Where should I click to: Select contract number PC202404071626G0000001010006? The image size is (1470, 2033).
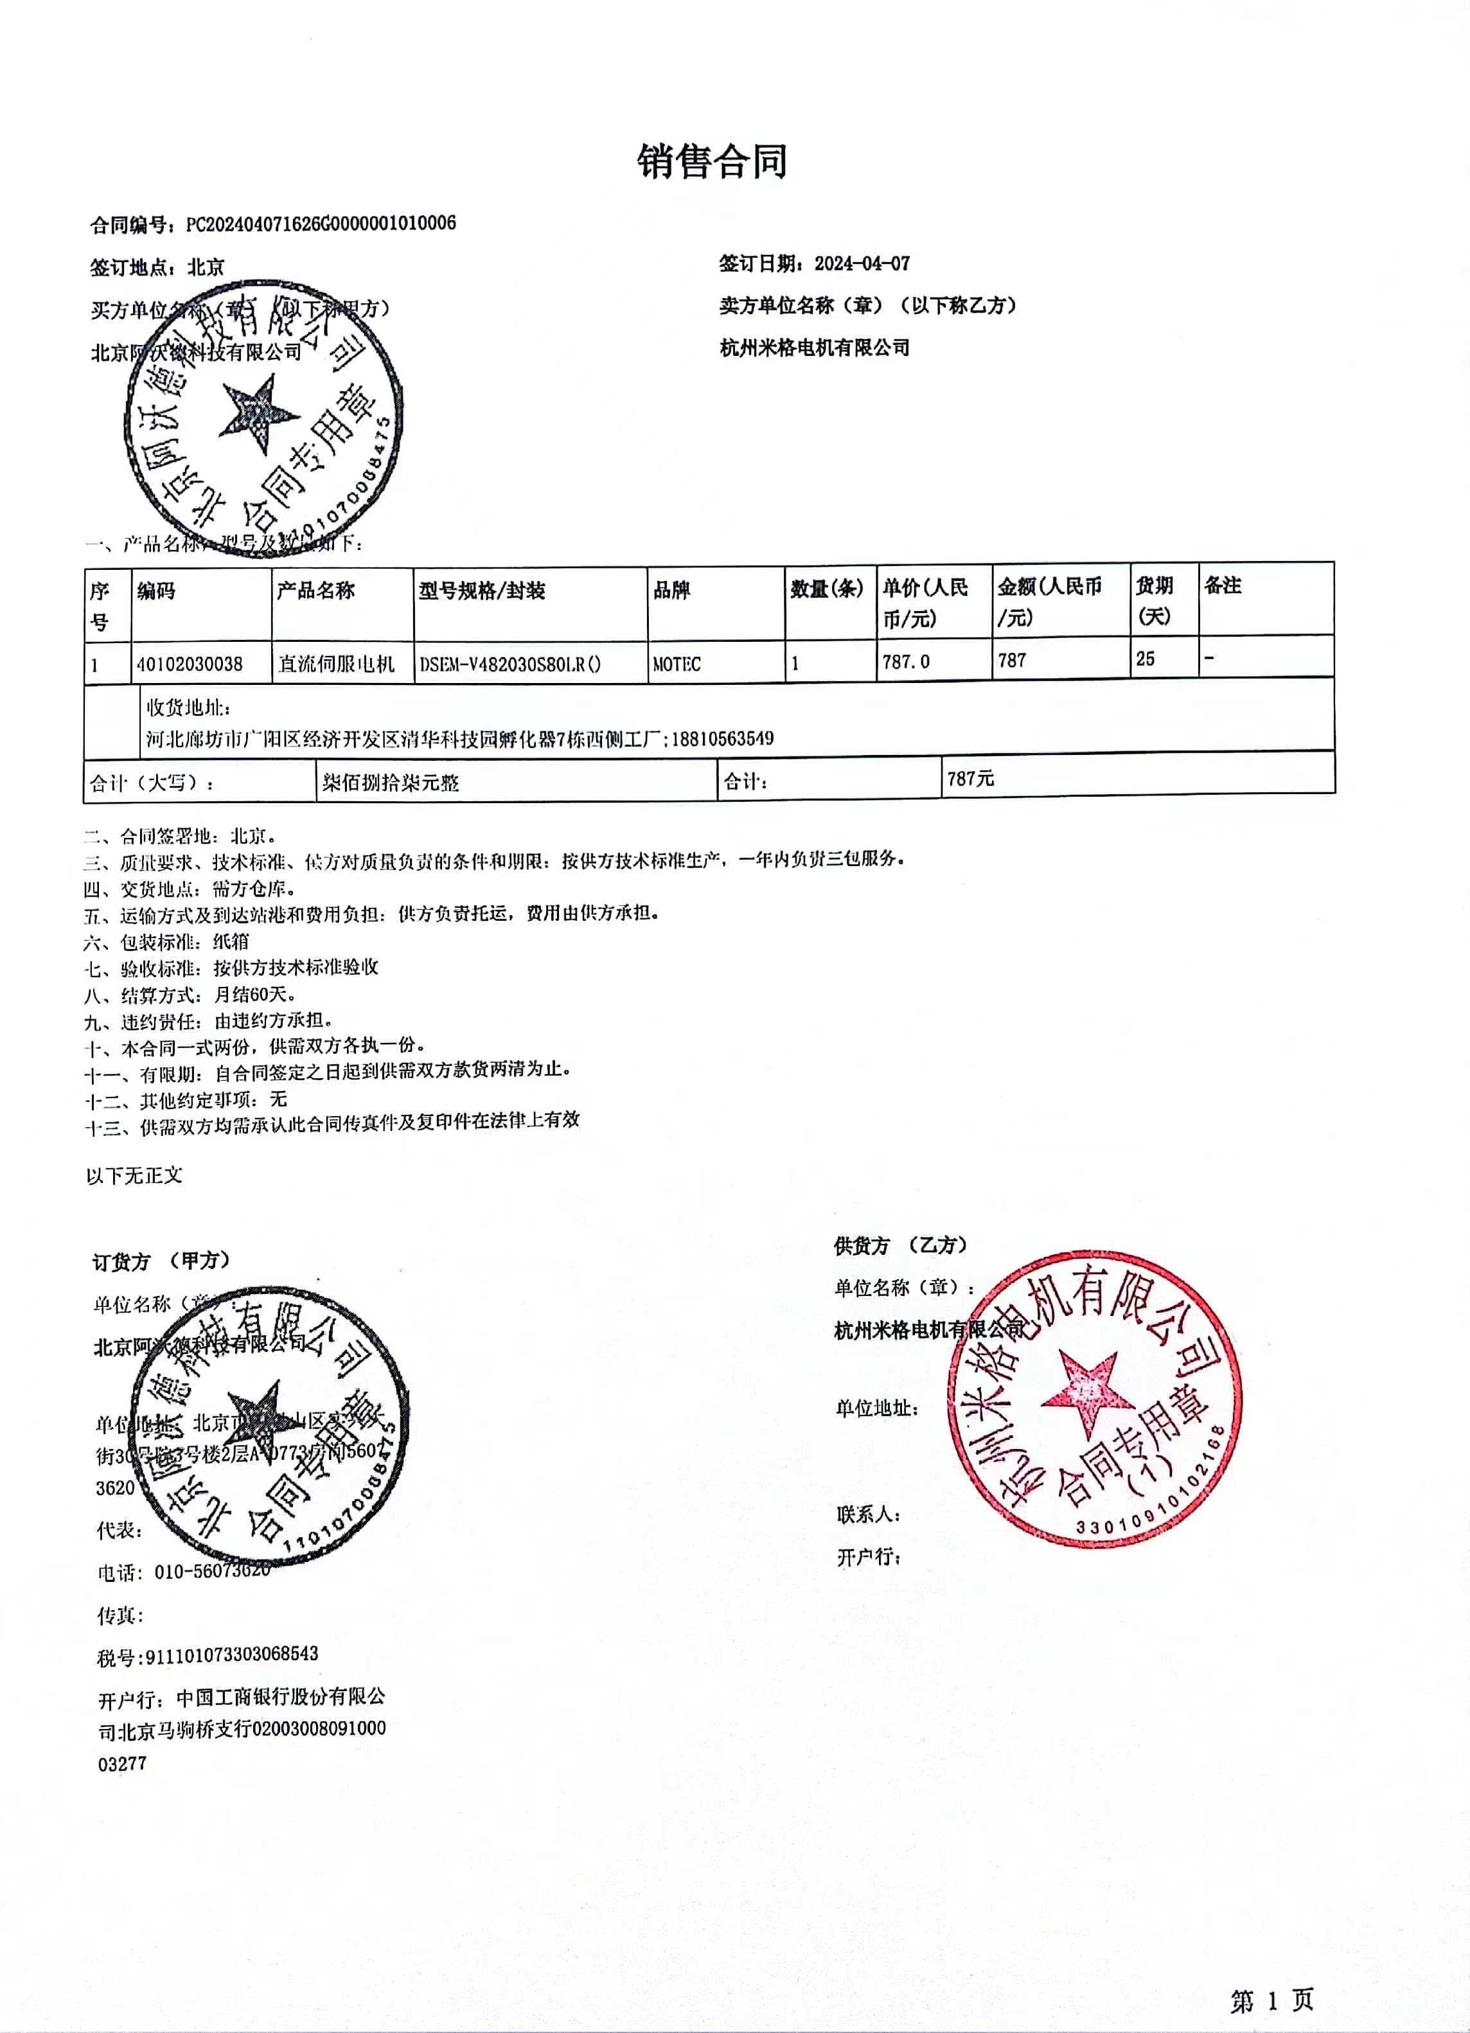click(x=321, y=223)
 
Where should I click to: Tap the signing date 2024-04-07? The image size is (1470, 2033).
click(x=862, y=263)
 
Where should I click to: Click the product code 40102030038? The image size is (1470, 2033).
click(x=190, y=664)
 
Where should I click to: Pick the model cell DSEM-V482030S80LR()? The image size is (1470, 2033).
click(x=510, y=664)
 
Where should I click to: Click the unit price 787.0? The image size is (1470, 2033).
click(x=906, y=662)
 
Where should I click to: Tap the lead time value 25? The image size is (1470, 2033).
click(x=1146, y=659)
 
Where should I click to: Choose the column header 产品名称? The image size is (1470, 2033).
click(x=315, y=590)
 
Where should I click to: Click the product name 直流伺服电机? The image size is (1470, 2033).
click(x=336, y=664)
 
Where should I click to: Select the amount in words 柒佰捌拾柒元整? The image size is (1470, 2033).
click(x=390, y=783)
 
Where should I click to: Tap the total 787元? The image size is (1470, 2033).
click(x=970, y=778)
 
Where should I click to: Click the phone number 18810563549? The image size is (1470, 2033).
click(x=722, y=739)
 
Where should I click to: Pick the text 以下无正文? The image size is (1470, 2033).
click(x=134, y=1175)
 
